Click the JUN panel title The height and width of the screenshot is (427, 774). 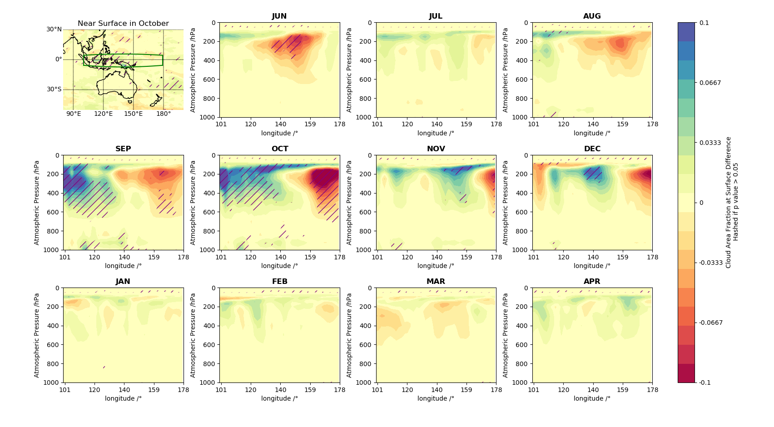pyautogui.click(x=279, y=16)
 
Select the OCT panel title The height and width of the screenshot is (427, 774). pyautogui.click(x=280, y=149)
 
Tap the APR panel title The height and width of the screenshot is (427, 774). pyautogui.click(x=592, y=282)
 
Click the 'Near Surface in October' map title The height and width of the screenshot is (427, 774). pyautogui.click(x=123, y=24)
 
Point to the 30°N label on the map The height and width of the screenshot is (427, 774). pyautogui.click(x=54, y=30)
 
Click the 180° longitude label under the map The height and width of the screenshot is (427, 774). pyautogui.click(x=164, y=114)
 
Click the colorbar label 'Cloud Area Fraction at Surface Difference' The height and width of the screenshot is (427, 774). pyautogui.click(x=728, y=202)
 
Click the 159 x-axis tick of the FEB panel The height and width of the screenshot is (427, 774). pyautogui.click(x=310, y=390)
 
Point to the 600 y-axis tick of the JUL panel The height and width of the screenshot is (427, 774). pyautogui.click(x=366, y=79)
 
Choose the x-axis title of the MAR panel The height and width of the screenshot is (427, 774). pyautogui.click(x=436, y=399)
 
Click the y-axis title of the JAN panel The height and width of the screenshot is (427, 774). pyautogui.click(x=37, y=335)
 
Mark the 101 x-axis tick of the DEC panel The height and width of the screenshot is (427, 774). pyautogui.click(x=534, y=257)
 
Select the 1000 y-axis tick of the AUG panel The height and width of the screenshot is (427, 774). pyautogui.click(x=521, y=117)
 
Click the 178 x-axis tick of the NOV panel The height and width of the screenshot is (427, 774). pyautogui.click(x=496, y=257)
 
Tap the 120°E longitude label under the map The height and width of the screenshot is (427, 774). pyautogui.click(x=103, y=114)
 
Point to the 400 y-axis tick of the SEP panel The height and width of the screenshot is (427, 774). pyautogui.click(x=54, y=193)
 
